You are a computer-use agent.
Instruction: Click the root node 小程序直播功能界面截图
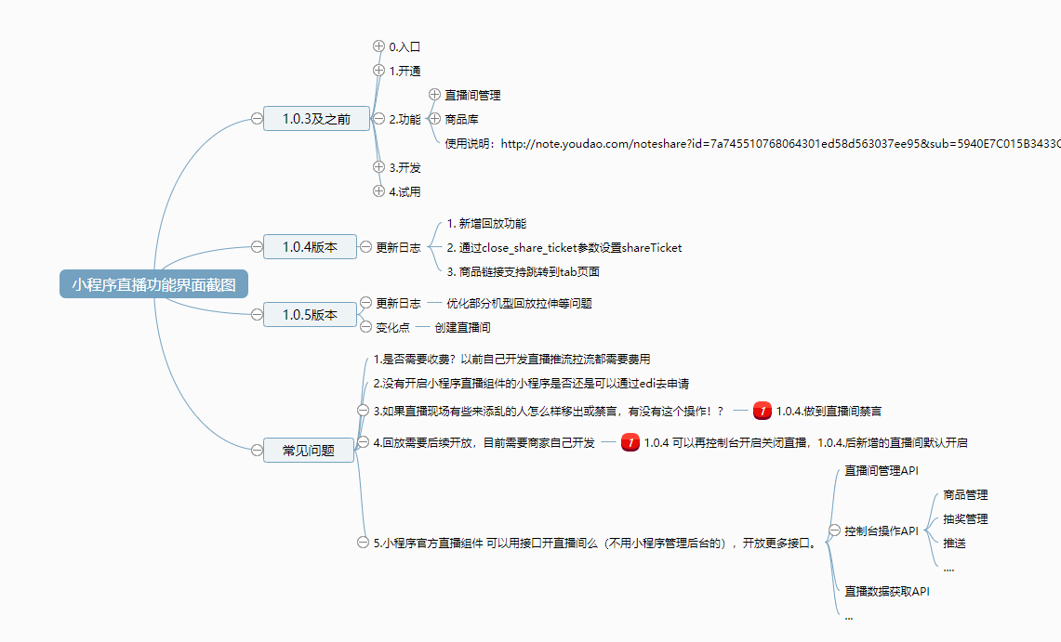coord(154,284)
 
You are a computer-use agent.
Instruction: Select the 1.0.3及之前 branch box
coord(316,119)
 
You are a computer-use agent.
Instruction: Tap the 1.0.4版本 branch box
coord(310,246)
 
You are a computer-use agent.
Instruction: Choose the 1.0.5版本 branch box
coord(310,315)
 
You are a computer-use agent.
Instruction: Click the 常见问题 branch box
coord(310,451)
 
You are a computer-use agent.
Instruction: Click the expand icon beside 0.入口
coord(378,46)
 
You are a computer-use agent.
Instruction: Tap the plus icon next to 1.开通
coord(378,71)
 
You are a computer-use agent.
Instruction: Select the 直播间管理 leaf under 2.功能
coord(473,95)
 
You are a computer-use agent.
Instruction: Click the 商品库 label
coord(461,119)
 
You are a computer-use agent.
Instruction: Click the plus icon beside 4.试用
coord(378,191)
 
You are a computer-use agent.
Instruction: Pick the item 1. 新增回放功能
coord(486,224)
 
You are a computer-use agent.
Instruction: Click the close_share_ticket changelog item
coord(564,248)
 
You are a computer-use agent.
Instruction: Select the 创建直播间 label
coord(462,328)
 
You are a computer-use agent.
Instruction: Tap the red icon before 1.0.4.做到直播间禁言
coord(763,411)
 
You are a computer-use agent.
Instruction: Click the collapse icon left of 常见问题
coord(257,451)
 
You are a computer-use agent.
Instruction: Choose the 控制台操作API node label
coord(881,531)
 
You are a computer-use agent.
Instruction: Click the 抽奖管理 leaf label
coord(965,519)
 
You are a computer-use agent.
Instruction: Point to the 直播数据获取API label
coord(887,591)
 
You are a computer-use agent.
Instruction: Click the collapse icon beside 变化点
coord(365,327)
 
